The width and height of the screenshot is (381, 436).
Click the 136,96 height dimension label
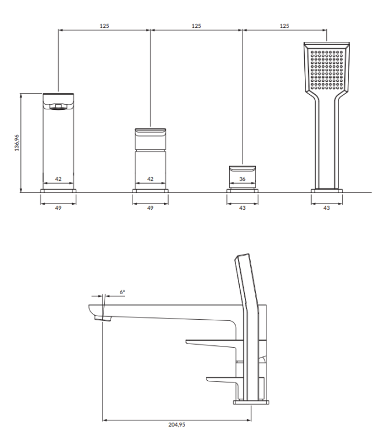[x=16, y=142]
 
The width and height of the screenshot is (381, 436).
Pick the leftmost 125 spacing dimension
[x=104, y=26]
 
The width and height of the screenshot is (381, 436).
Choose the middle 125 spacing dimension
[x=196, y=26]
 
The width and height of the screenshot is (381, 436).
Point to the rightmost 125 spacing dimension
[x=285, y=26]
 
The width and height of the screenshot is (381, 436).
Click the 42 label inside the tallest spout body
[x=58, y=180]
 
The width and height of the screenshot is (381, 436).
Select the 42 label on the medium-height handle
[x=151, y=180]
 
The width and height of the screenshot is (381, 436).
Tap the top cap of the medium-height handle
[x=151, y=131]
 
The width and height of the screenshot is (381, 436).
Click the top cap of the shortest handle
[x=243, y=168]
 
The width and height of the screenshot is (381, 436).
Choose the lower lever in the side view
[x=224, y=380]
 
